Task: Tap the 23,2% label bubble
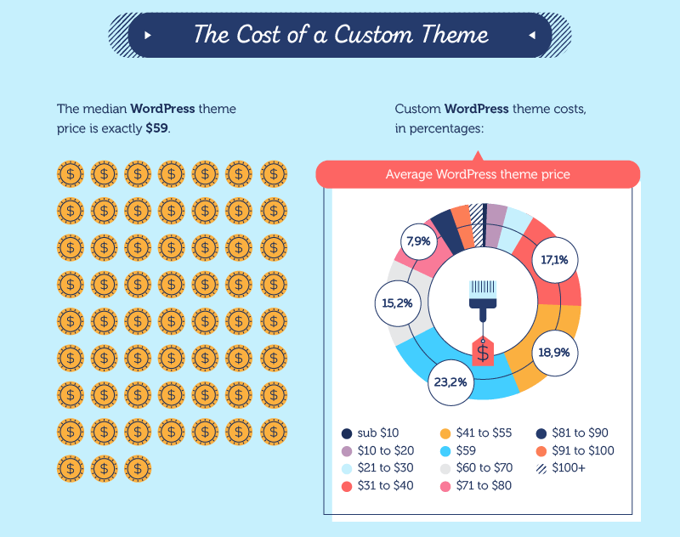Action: point(450,382)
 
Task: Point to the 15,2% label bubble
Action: point(398,302)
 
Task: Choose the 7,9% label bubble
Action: point(419,241)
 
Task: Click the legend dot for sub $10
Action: point(347,432)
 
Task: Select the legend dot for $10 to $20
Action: point(347,450)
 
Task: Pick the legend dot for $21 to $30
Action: point(347,468)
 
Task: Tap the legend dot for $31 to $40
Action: point(347,486)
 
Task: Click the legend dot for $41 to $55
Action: point(445,432)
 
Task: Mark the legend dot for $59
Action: point(445,450)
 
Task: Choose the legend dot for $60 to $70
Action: point(445,468)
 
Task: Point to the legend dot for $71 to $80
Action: point(445,486)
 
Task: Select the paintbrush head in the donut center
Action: point(483,291)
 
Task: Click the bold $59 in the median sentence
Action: point(156,127)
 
